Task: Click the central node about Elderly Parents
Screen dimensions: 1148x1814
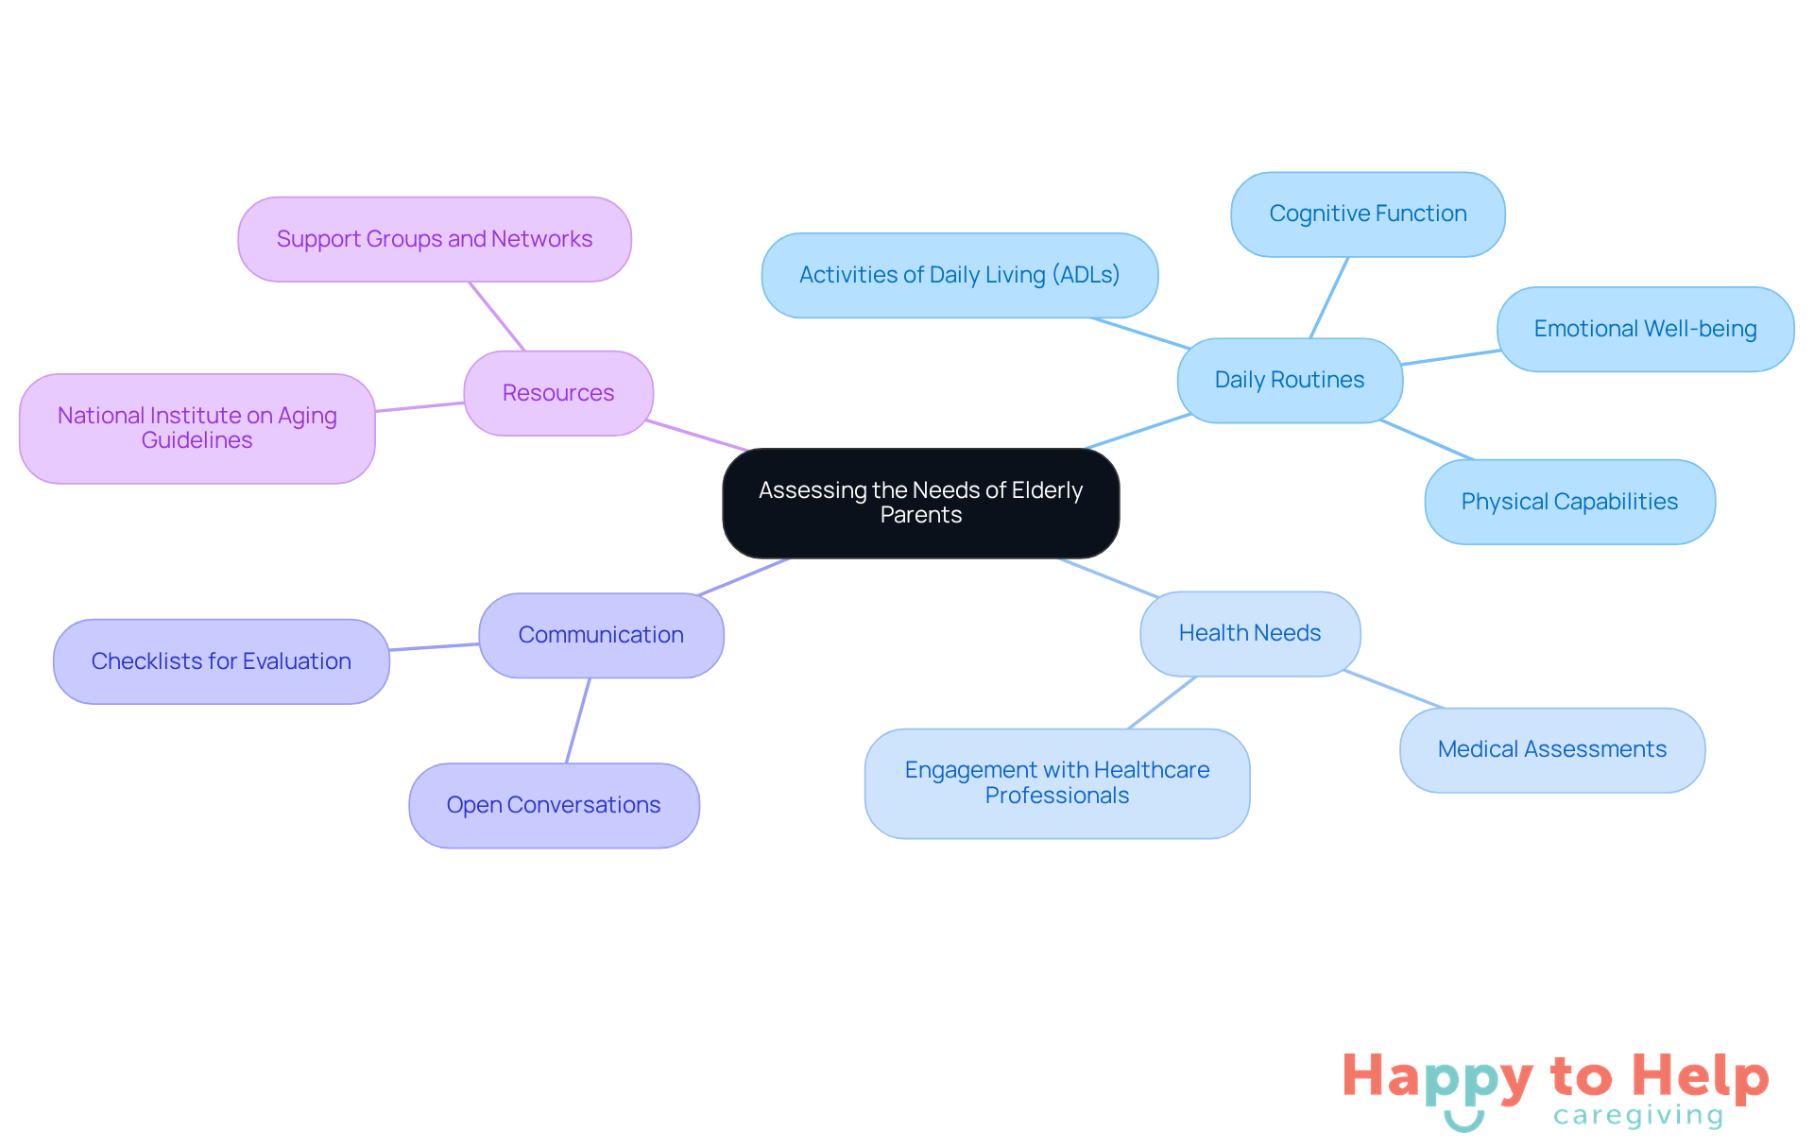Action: [920, 503]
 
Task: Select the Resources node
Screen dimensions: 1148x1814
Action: [558, 393]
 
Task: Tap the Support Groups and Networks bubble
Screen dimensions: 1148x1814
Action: [435, 239]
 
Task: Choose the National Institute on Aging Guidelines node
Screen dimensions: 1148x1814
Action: [197, 428]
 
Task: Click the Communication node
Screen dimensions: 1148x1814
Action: [601, 635]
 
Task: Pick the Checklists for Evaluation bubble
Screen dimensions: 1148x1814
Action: [221, 661]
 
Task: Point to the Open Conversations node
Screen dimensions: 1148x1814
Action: [554, 805]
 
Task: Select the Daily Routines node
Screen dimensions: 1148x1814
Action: [1290, 380]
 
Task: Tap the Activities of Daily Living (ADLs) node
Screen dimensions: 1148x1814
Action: [959, 275]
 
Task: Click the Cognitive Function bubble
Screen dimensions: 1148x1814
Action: [1367, 214]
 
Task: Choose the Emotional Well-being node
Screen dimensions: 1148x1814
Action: [1645, 329]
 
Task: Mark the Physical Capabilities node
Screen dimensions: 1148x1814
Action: [1569, 502]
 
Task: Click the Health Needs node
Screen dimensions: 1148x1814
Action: [1250, 633]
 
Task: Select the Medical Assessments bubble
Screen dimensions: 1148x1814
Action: [1551, 749]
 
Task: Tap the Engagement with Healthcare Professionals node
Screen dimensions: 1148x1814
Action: [1056, 782]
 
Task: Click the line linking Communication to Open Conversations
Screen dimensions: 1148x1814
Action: [578, 720]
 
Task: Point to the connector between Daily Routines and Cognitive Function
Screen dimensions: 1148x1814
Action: [1328, 298]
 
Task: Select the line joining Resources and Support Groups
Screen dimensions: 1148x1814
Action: [497, 317]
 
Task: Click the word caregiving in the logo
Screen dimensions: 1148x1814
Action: [1638, 1116]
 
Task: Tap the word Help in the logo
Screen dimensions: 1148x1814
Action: [1701, 1077]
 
